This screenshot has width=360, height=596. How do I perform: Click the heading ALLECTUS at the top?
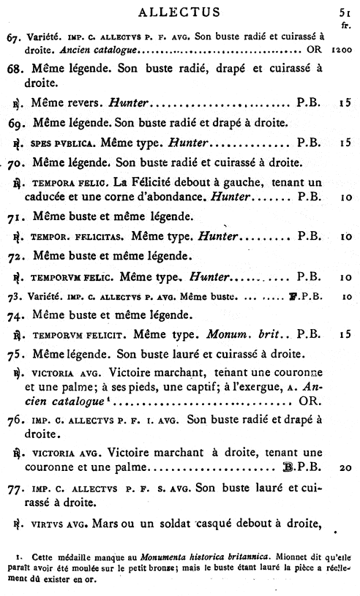179,11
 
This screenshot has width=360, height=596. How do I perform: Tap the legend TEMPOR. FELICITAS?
80,237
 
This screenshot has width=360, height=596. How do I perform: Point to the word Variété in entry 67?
38,37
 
